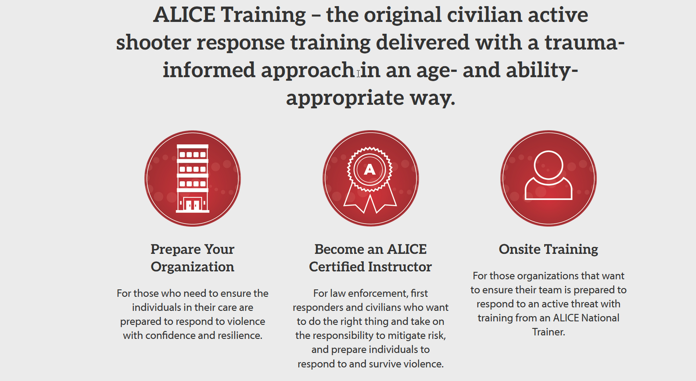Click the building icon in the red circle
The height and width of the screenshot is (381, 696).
pyautogui.click(x=193, y=178)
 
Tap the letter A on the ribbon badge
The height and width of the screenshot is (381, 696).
pyautogui.click(x=370, y=170)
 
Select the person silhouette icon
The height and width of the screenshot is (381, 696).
pyautogui.click(x=549, y=175)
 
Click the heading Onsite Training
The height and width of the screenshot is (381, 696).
pyautogui.click(x=549, y=249)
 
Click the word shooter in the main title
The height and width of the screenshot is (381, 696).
pyautogui.click(x=154, y=43)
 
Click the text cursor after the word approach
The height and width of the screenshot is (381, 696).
pyautogui.click(x=358, y=74)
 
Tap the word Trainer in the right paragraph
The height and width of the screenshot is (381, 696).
pyautogui.click(x=549, y=332)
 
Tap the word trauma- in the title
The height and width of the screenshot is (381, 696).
pyautogui.click(x=585, y=43)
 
